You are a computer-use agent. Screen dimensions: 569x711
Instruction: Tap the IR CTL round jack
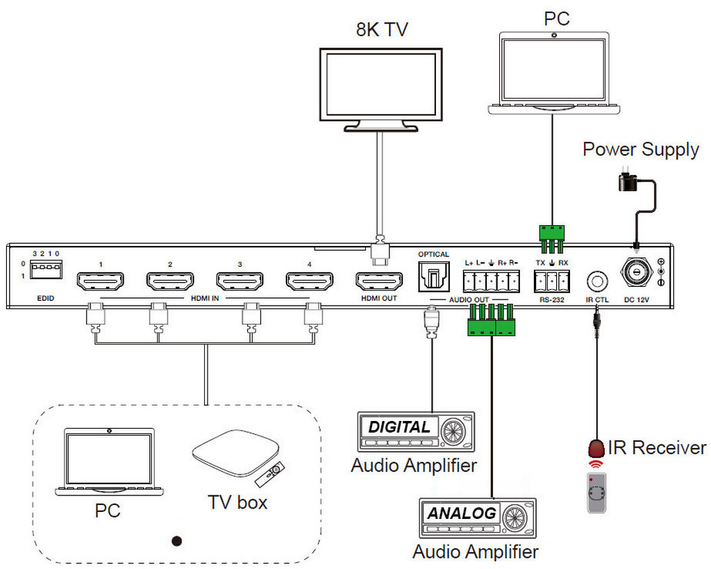(596, 281)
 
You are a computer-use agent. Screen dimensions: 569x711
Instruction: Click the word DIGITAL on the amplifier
(399, 427)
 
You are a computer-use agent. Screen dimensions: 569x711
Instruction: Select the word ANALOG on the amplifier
(462, 513)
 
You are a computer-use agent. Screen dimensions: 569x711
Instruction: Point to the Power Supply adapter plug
(628, 182)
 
